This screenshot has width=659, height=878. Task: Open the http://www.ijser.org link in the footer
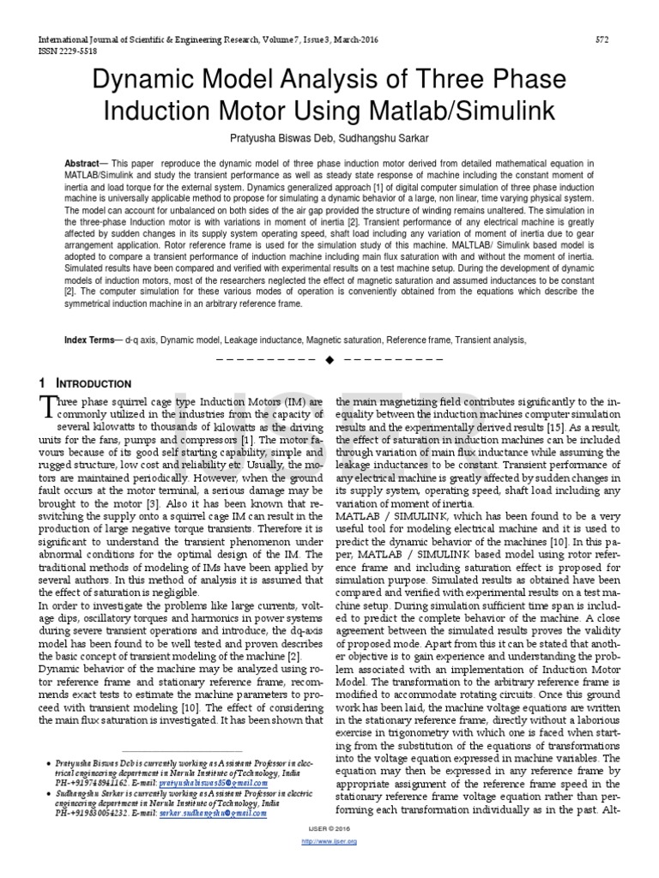coord(329,841)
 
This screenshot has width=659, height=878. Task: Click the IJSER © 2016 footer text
coord(329,829)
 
